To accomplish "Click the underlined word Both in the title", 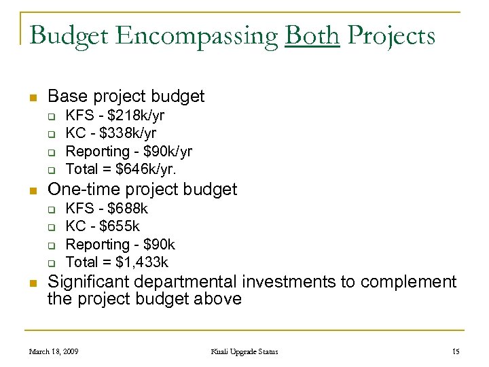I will pyautogui.click(x=312, y=35).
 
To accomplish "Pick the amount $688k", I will pyautogui.click(x=125, y=209).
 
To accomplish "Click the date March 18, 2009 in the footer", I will pyautogui.click(x=54, y=351).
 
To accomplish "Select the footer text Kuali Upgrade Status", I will pyautogui.click(x=244, y=351).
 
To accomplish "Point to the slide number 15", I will pyautogui.click(x=456, y=351).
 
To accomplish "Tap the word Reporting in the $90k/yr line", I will pyautogui.click(x=97, y=151).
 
